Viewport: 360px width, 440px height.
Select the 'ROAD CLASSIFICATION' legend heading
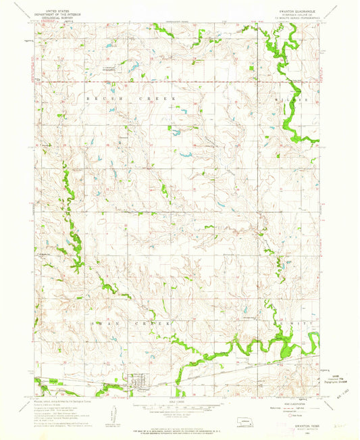click(297, 403)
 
